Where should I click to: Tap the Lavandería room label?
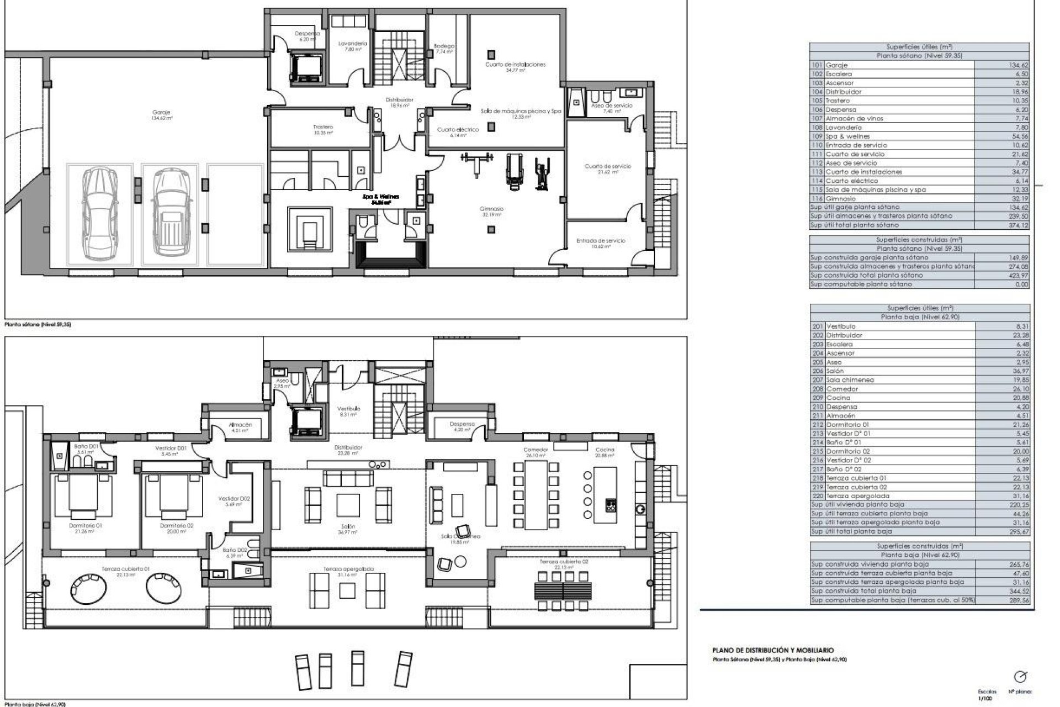[349, 44]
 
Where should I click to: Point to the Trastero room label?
[323, 127]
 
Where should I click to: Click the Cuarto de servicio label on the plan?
[607, 166]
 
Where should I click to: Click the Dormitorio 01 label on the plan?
[86, 525]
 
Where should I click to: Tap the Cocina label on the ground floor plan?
[605, 450]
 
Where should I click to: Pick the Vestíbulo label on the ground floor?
[348, 408]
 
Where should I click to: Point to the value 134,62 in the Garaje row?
[1017, 65]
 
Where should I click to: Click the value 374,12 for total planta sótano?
[1017, 225]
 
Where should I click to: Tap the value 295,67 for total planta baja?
[1017, 531]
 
